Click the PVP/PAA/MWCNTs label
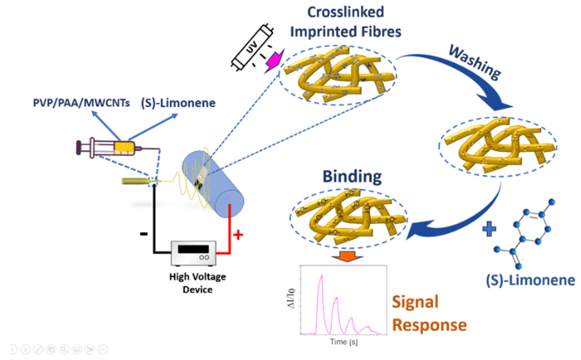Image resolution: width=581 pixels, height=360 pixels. click(x=81, y=103)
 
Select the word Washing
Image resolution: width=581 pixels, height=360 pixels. click(x=474, y=62)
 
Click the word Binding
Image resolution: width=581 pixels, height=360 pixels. click(x=352, y=177)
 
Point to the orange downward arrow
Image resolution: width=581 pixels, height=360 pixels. click(x=347, y=256)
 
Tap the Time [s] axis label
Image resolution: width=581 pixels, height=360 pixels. click(x=344, y=342)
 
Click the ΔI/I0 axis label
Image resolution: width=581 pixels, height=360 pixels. click(x=291, y=298)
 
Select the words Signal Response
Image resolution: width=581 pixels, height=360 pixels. click(x=429, y=313)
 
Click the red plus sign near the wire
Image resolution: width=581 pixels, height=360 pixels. click(x=238, y=235)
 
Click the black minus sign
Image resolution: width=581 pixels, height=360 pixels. click(x=144, y=234)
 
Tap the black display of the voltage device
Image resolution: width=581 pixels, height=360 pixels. click(x=193, y=249)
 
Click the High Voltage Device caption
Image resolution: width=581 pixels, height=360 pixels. click(x=197, y=283)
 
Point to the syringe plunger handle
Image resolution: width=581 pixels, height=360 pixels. click(x=78, y=147)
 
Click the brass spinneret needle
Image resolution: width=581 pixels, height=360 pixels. click(x=135, y=181)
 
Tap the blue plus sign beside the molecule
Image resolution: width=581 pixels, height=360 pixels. click(x=489, y=229)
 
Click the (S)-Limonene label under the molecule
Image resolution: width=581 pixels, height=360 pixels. click(x=530, y=280)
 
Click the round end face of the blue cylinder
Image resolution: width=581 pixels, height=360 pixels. click(x=230, y=204)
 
